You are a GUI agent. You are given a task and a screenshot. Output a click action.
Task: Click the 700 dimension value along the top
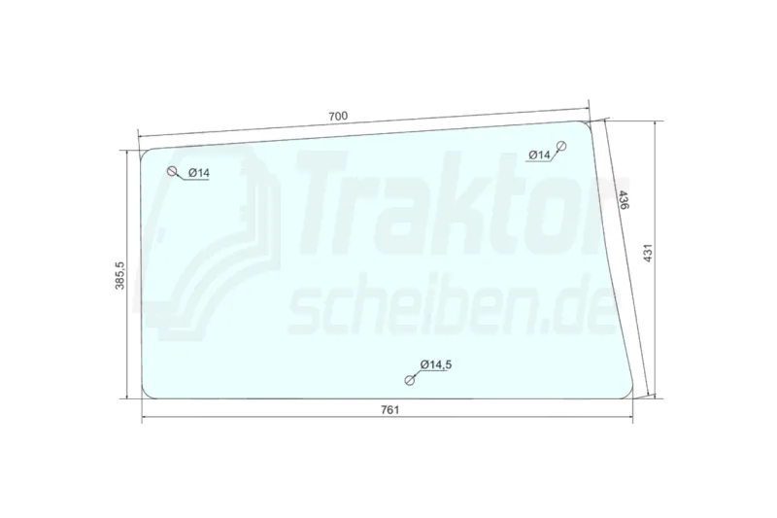coord(338,116)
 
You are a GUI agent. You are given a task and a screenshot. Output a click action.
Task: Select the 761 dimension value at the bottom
coord(390,410)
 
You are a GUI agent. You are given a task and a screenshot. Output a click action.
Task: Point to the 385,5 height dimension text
coord(119,276)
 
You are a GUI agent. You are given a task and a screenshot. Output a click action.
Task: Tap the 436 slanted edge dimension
coord(624,199)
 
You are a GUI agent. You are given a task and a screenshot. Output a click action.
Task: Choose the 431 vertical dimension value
coord(648,253)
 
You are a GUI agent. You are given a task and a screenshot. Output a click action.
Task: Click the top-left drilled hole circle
coord(173,171)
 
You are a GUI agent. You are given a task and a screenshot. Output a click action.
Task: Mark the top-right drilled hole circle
coord(561,146)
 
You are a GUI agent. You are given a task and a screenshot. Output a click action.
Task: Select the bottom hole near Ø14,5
coord(409,380)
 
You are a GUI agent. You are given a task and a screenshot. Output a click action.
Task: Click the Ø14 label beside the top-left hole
coord(199,173)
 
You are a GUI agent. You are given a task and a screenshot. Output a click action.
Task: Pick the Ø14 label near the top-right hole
coord(539,155)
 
